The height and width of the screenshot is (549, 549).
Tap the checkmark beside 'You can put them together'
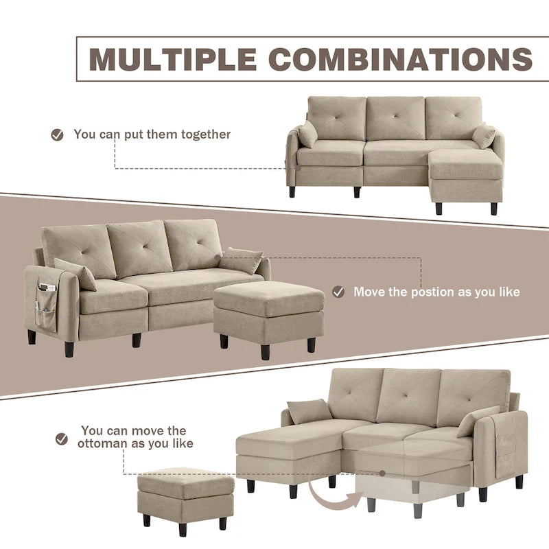58,135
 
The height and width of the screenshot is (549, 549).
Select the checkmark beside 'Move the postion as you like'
338,292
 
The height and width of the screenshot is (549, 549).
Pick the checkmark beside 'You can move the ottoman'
62,437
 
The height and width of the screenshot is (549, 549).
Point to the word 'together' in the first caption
206,135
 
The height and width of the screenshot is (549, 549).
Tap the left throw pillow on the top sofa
307,135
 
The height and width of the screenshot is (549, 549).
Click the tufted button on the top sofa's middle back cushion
395,115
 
